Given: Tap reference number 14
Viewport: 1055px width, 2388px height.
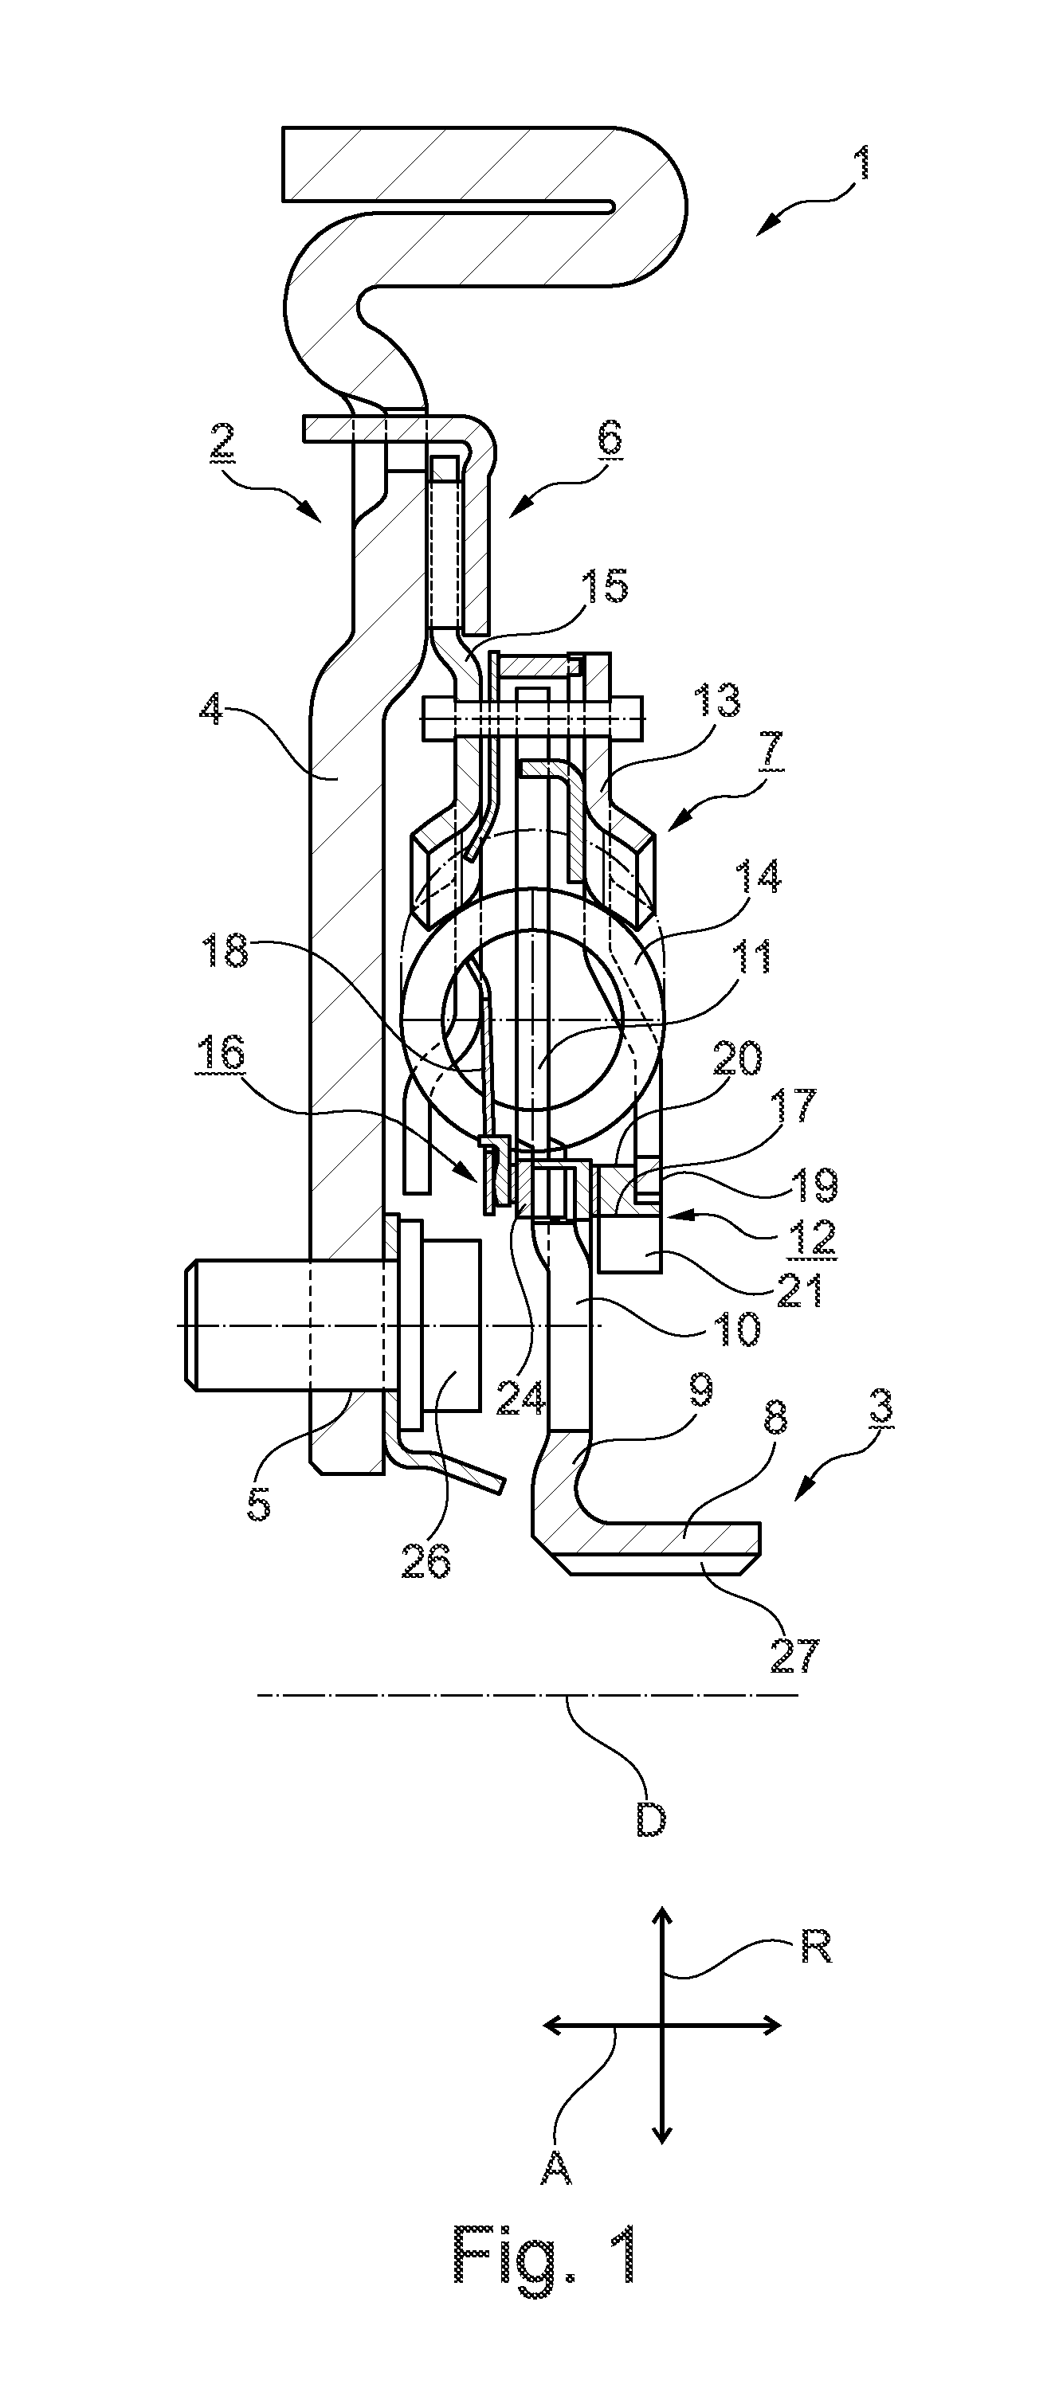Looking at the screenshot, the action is pyautogui.click(x=758, y=875).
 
